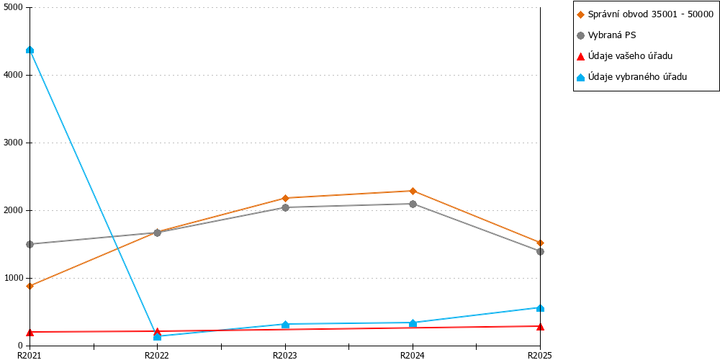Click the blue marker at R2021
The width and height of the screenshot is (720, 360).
coord(30,50)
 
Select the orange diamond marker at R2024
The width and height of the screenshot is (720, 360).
coord(413,191)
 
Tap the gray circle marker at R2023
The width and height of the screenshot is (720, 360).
coord(285,207)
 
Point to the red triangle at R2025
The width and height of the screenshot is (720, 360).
coord(541,326)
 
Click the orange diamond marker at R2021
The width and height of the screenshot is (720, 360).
coord(30,286)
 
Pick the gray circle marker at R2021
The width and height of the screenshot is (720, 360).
coord(30,244)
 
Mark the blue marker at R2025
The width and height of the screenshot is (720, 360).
coord(541,307)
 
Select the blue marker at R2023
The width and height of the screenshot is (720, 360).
coord(285,325)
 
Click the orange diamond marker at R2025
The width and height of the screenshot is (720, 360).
coord(541,243)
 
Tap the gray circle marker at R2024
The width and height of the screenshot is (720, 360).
coord(413,204)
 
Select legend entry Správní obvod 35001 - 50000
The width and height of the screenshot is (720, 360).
coord(645,14)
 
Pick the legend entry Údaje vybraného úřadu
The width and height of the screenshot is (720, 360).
coord(632,77)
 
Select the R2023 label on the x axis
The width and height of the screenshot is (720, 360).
coord(285,355)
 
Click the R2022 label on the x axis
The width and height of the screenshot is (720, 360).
coord(158,355)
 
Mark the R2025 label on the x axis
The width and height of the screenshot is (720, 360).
coord(540,355)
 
